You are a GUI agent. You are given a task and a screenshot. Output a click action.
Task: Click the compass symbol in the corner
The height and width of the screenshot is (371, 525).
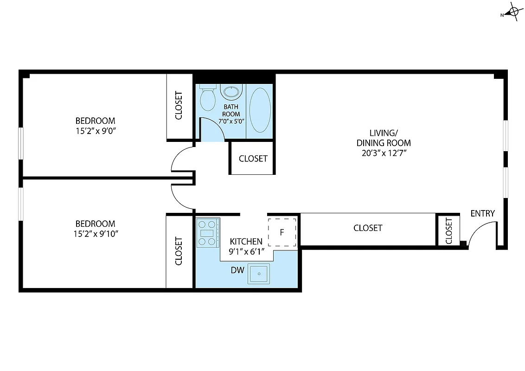pyautogui.click(x=513, y=13)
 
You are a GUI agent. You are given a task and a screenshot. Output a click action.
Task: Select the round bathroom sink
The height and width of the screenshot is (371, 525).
pyautogui.click(x=231, y=92)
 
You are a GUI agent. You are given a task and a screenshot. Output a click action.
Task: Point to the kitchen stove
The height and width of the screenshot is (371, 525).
pyautogui.click(x=207, y=232)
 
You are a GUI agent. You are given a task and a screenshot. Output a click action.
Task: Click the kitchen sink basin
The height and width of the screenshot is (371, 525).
pyautogui.click(x=258, y=274)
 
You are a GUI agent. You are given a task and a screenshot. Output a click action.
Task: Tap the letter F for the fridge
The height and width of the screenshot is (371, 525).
pyautogui.click(x=282, y=232)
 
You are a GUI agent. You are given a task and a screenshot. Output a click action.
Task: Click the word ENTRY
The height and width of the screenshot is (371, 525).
pyautogui.click(x=482, y=213)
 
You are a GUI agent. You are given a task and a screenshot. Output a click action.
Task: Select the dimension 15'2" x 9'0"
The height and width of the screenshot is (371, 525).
pyautogui.click(x=96, y=131)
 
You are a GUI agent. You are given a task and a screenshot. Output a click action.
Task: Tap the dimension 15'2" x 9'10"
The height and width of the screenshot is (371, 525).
pyautogui.click(x=96, y=233)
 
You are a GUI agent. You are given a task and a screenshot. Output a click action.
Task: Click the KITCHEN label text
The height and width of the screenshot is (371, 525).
pyautogui.click(x=246, y=242)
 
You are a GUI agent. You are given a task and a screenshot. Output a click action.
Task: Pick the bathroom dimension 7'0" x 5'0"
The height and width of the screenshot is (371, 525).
pyautogui.click(x=231, y=122)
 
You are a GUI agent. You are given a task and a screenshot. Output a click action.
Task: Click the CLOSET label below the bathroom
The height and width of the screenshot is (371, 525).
pyautogui.click(x=253, y=159)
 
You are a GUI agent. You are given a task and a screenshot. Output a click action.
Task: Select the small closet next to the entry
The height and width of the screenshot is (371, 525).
pyautogui.click(x=448, y=231)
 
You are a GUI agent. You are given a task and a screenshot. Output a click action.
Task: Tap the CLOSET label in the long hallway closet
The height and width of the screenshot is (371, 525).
pyautogui.click(x=368, y=228)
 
